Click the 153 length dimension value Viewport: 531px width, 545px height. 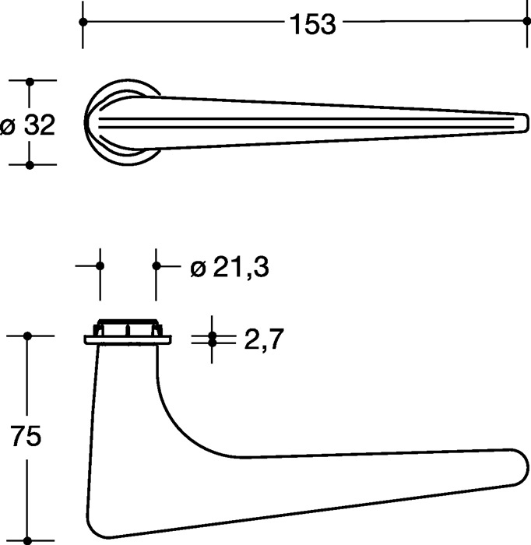click(x=313, y=24)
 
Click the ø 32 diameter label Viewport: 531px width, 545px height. click(x=28, y=125)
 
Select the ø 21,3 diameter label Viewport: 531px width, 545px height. click(x=230, y=268)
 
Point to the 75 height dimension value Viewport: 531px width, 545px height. click(x=26, y=436)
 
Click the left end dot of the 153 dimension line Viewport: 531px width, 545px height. click(x=83, y=22)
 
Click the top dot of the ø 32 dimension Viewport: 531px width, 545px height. click(x=30, y=82)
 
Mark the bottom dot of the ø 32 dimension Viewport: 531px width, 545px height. click(x=30, y=165)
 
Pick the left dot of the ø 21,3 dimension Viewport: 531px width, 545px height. click(x=100, y=266)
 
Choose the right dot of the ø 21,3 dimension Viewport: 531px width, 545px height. click(x=156, y=266)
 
